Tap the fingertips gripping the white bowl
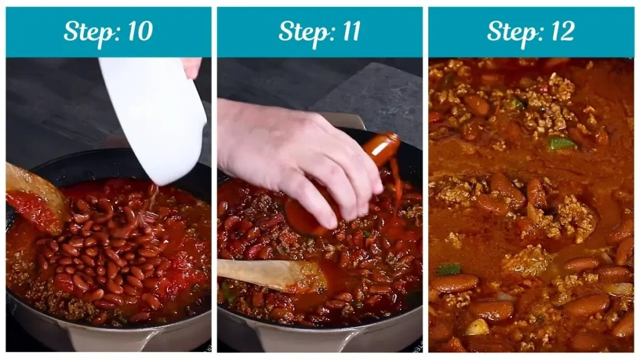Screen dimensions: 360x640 (191, 66)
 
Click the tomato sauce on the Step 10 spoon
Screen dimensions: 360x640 (31, 209)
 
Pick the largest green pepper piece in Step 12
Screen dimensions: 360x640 (561, 143)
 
